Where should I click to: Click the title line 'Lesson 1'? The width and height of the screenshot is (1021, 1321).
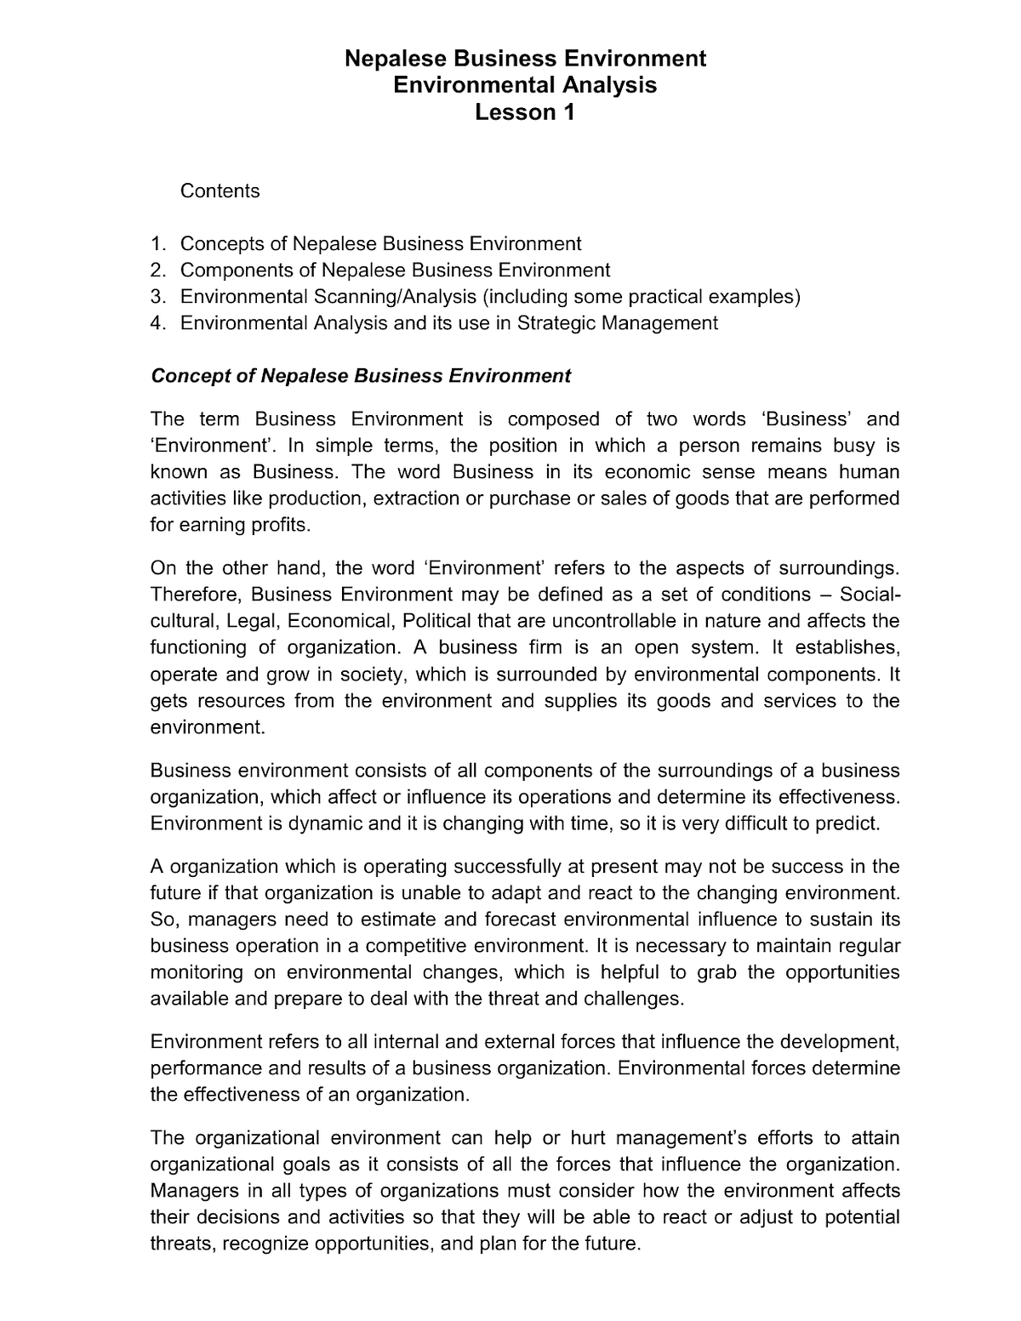click(x=524, y=112)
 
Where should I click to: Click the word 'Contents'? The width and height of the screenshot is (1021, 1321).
click(x=220, y=191)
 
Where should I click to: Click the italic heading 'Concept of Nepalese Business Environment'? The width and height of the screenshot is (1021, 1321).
click(x=360, y=376)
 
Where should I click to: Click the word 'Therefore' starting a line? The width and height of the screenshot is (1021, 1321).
click(x=195, y=595)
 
